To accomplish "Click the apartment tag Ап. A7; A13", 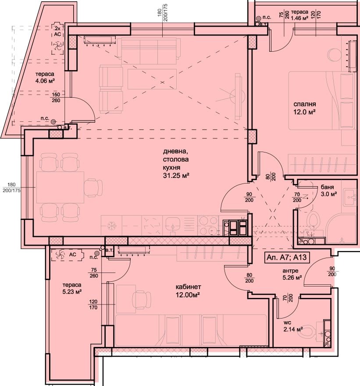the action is pos(286,258).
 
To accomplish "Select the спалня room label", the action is pos(305,104).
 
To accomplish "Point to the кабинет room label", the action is pos(188,287).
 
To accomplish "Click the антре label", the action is pos(290,271).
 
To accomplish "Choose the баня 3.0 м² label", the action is pos(329,191).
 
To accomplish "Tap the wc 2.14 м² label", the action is pos(293,326).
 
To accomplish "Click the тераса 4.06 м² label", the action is pos(45,77).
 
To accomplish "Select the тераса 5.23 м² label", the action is pos(72,288).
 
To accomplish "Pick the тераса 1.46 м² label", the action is pos(299,15).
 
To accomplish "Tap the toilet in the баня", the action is pos(313,221).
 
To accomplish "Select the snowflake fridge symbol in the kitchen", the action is pos(112,226).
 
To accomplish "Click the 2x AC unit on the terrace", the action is pos(57,39).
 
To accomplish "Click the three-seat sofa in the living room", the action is pos(149,51).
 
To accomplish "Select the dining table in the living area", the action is pos(60,187).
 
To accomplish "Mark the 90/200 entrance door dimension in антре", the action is pos(332,271).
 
